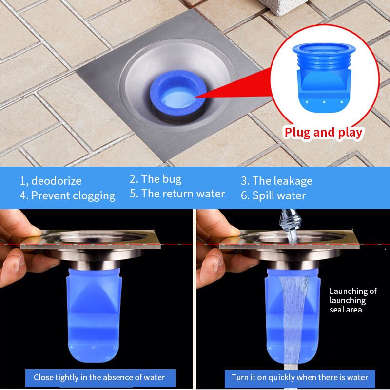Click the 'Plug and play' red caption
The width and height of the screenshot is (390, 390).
point(323,133)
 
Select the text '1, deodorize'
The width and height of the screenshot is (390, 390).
point(51,181)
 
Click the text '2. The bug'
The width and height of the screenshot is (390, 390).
point(156,179)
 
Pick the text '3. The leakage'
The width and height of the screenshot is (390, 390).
point(276,181)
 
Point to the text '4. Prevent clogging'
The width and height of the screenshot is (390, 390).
point(67,196)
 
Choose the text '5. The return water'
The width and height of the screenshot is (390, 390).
point(177,194)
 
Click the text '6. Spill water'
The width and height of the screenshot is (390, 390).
point(273,196)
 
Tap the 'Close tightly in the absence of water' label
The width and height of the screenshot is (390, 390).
point(99,377)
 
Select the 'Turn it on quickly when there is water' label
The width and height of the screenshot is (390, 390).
point(300,377)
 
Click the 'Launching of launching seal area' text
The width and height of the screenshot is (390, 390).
point(353,300)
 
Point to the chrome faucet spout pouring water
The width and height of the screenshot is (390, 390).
point(290,219)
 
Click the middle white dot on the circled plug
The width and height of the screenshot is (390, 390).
point(324,102)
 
